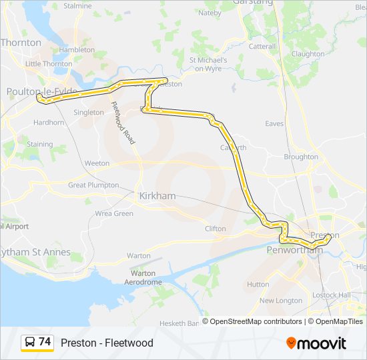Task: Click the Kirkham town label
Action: coord(157,196)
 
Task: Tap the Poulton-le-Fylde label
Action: coord(41,91)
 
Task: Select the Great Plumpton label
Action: coord(93,185)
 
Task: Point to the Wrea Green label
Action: coord(114,213)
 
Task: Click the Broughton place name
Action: coord(301,157)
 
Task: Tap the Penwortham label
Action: coord(294,250)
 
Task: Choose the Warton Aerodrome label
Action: coord(143,277)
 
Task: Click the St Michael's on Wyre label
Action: coord(209,63)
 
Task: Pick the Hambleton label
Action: coord(77,49)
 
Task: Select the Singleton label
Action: coord(89,113)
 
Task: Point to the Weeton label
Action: coord(97,163)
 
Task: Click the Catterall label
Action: coord(262,47)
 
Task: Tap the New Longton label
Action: coord(280,301)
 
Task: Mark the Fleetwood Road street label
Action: coord(123,123)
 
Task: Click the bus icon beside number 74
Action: coord(30,343)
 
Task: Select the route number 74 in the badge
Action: coord(45,342)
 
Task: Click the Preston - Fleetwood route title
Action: coord(107,343)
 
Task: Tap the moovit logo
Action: coord(316,343)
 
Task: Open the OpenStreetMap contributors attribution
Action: coord(256,321)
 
